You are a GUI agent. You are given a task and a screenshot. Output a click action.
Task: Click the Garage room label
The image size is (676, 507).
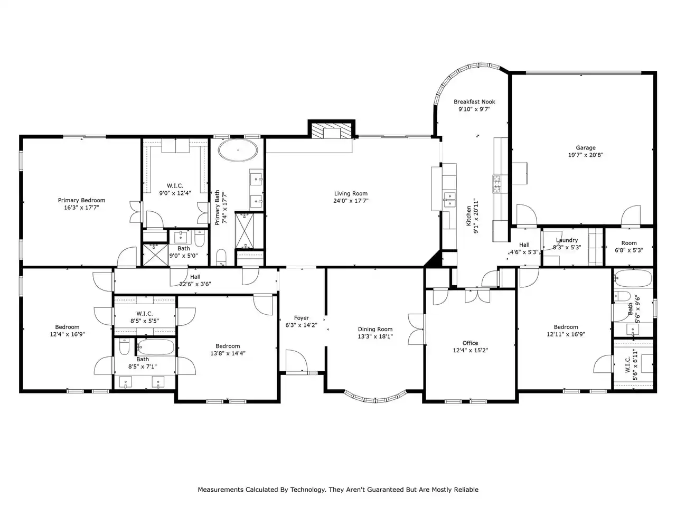point(585,148)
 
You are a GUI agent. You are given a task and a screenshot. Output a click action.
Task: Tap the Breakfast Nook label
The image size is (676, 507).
point(474,101)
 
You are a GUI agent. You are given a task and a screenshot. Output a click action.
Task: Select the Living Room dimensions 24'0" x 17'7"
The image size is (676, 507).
point(351,201)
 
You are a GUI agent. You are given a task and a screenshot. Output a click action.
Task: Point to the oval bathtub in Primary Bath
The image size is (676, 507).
point(238,150)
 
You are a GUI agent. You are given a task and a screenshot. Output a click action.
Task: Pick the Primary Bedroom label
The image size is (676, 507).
point(82,200)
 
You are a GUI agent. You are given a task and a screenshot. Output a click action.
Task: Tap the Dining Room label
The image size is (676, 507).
point(375,329)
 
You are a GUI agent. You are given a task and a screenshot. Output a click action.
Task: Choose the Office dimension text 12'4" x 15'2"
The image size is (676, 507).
point(470,350)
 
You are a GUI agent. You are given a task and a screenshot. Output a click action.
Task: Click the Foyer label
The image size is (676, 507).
point(301,318)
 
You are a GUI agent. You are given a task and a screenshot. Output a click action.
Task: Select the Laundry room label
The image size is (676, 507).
point(567,240)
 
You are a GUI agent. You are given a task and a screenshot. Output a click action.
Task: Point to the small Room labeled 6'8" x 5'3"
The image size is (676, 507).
point(629,247)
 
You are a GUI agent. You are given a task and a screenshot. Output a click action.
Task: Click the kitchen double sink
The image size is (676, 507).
point(449,200)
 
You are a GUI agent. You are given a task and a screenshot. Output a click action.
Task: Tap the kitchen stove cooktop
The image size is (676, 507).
point(496,184)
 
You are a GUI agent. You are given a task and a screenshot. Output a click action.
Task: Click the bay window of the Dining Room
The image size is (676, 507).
point(375,397)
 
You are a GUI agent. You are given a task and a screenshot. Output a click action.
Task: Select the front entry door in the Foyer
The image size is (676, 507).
point(296,361)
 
